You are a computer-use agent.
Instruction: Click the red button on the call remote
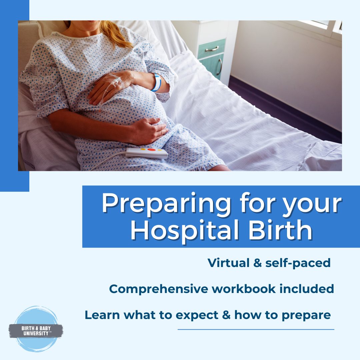[x=151, y=150]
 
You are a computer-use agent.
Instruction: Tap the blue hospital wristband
[x=157, y=82]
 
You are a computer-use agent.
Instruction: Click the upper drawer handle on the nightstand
[x=212, y=49]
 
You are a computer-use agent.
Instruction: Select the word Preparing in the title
[x=166, y=204]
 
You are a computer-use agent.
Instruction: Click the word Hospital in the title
[x=185, y=230]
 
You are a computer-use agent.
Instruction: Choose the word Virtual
[x=228, y=263]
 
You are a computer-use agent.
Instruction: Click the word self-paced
[x=298, y=263]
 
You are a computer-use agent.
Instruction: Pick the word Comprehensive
[x=158, y=289]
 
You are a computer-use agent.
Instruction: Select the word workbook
[x=244, y=289]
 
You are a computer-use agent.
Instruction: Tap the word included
[x=307, y=289]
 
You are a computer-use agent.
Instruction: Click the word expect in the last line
[x=197, y=315]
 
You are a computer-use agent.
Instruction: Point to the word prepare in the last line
[x=306, y=315]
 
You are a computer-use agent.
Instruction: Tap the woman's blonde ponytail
[x=115, y=33]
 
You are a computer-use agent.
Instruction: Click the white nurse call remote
[x=147, y=153]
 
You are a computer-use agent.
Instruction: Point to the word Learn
[x=102, y=315]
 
